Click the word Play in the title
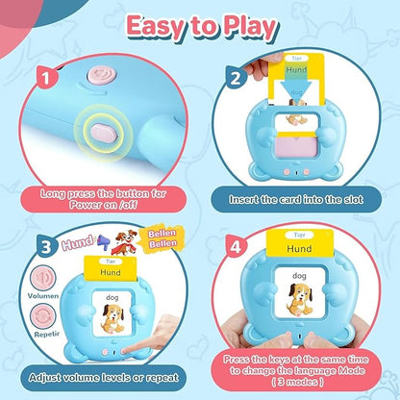click(x=250, y=28)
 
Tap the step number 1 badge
click(x=46, y=78)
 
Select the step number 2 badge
click(x=236, y=77)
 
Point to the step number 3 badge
click(x=47, y=246)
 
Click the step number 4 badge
click(x=236, y=246)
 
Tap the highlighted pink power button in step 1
click(x=101, y=132)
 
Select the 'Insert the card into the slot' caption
click(x=296, y=200)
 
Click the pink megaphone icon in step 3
click(x=103, y=241)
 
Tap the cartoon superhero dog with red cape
click(x=124, y=242)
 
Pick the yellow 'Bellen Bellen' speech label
click(x=162, y=238)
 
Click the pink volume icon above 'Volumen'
click(x=43, y=278)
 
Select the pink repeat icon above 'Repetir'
click(x=43, y=315)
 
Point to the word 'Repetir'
click(x=47, y=334)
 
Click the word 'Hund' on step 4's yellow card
click(x=299, y=248)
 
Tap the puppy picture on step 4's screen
click(x=300, y=299)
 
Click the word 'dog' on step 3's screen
click(x=112, y=298)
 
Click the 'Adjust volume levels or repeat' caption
click(x=104, y=378)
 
